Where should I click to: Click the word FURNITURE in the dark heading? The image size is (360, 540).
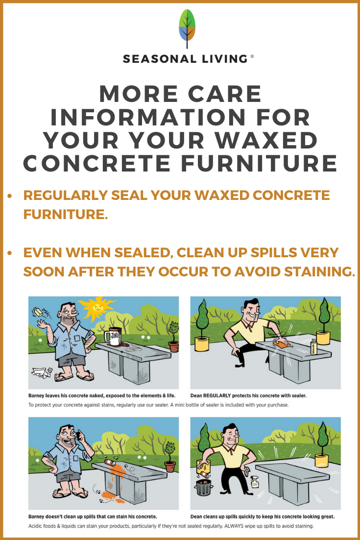(259, 163)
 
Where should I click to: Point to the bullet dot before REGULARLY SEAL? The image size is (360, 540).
(10, 196)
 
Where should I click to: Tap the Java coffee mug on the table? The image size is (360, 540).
(113, 336)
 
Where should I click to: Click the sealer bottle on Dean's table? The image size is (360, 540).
(313, 347)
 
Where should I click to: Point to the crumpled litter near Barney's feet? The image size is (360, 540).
(41, 372)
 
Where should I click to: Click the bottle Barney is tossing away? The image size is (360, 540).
(38, 312)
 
